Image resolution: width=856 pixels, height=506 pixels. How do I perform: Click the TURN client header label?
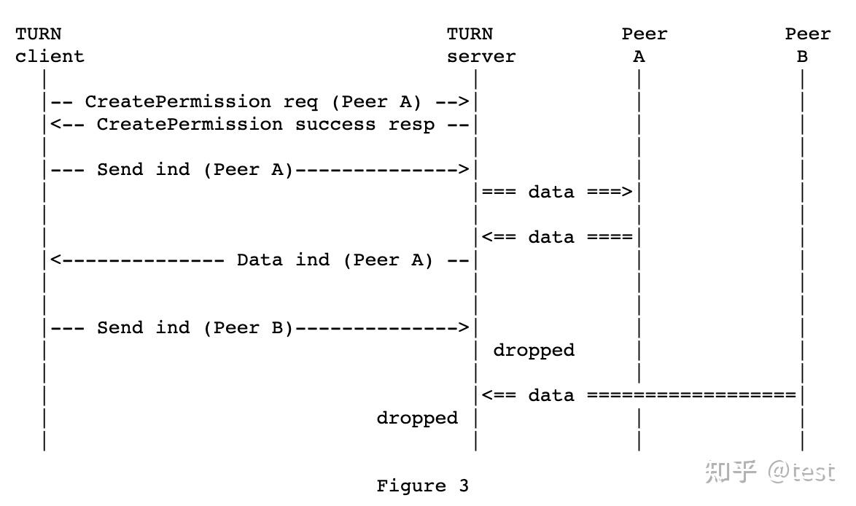[x=49, y=45]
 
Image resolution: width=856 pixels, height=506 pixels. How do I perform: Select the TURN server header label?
[x=480, y=45]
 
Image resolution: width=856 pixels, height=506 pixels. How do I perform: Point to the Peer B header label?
[x=806, y=45]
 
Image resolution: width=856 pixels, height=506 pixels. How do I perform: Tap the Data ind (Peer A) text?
[x=335, y=260]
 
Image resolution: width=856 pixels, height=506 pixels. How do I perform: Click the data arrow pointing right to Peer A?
[x=557, y=192]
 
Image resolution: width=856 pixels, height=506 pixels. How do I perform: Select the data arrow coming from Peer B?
[x=639, y=395]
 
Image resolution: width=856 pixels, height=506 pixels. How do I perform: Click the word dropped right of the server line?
[x=534, y=350]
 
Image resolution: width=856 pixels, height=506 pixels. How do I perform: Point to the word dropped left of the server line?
[x=417, y=418]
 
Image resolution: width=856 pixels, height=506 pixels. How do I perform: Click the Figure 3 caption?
[x=422, y=486]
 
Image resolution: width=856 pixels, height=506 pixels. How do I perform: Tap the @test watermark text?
[x=801, y=472]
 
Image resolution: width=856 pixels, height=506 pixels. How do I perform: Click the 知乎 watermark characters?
[x=731, y=472]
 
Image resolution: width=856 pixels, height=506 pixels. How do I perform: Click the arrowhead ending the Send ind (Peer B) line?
[x=463, y=328]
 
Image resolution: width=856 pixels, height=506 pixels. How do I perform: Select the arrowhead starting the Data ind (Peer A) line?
[x=55, y=260]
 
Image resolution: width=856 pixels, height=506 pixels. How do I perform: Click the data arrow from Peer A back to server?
[x=557, y=237]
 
